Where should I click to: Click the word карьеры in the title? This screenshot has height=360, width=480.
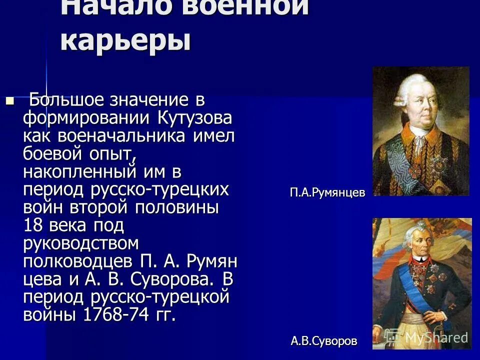[x=125, y=40]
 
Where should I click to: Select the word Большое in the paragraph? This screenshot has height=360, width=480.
[x=68, y=100]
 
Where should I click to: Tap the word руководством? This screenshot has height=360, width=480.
[x=80, y=244]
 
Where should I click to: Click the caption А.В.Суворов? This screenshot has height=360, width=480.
[x=324, y=341]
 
